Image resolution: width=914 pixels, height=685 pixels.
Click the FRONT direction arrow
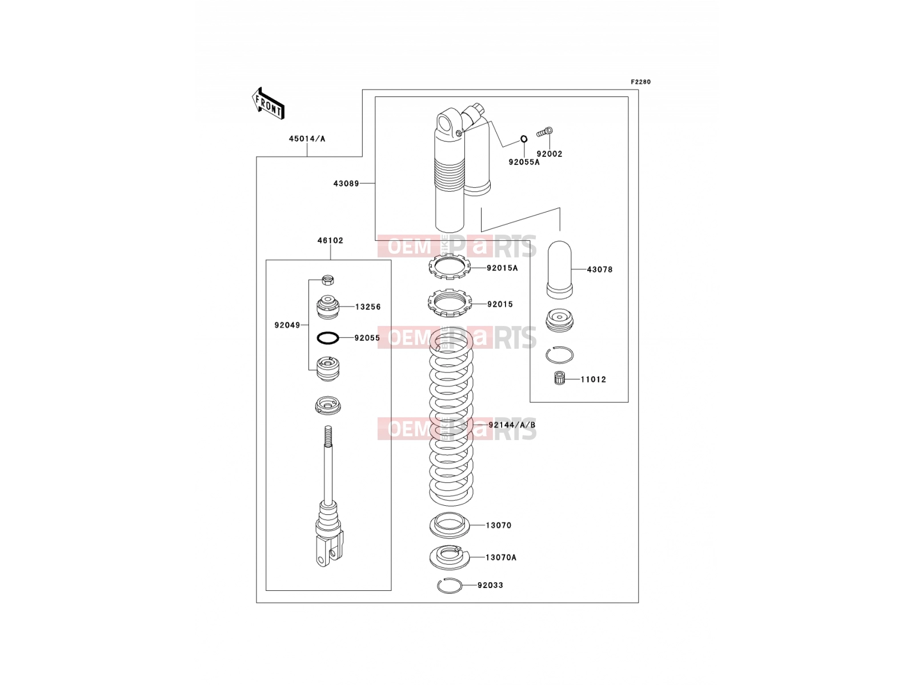point(268,104)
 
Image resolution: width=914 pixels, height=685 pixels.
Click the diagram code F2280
point(640,82)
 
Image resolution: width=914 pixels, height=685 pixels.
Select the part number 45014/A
point(307,139)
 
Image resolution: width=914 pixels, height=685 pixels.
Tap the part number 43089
point(346,183)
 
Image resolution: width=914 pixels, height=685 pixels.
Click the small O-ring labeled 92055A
point(524,139)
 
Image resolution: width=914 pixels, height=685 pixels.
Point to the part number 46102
point(330,240)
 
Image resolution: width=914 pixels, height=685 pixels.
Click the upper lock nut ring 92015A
point(449,267)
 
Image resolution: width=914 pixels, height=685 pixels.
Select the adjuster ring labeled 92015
point(449,303)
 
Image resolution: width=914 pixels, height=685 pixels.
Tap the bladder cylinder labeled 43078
point(559,269)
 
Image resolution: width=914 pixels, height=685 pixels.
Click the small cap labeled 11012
point(560,378)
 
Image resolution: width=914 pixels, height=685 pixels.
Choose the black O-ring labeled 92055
point(328,338)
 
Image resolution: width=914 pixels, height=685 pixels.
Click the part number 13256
point(368,307)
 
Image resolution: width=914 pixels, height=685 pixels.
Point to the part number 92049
point(287,325)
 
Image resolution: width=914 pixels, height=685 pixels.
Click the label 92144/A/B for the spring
point(512,425)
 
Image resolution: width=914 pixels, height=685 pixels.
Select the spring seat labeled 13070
point(450,525)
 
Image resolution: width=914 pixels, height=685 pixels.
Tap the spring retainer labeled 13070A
point(450,557)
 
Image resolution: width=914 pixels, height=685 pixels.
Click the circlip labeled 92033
point(450,586)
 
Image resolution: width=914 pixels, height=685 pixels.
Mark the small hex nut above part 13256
point(328,280)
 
